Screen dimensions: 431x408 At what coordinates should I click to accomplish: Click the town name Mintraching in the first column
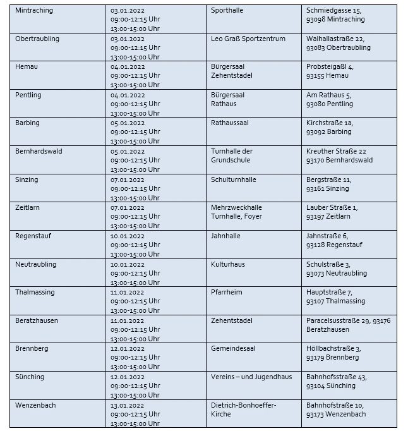pos(34,11)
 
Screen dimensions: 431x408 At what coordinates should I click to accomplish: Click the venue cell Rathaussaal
pos(229,123)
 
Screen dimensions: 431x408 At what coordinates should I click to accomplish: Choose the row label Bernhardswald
pos(39,152)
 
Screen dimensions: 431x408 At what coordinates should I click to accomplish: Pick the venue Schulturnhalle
pos(233,179)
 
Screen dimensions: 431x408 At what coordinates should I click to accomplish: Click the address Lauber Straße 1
pos(332,207)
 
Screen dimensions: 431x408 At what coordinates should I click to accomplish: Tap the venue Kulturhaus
pos(227,264)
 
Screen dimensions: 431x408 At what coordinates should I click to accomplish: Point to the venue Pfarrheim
pos(226,292)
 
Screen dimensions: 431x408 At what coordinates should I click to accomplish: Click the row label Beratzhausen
pos(37,320)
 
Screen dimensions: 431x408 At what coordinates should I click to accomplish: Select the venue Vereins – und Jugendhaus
pos(251,377)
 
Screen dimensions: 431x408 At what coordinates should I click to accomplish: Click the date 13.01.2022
pos(127,405)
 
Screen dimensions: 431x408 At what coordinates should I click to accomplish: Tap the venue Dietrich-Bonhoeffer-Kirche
pos(243,410)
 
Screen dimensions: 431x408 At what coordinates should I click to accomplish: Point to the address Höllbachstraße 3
pos(333,349)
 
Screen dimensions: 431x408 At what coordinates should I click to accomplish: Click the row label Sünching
pos(30,377)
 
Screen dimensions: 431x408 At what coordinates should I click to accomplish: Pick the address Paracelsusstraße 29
pos(339,320)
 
